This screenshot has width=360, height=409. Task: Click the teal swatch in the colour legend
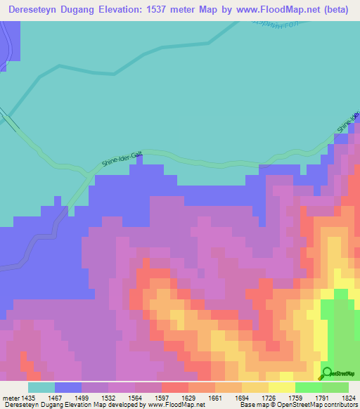pyautogui.click(x=41, y=387)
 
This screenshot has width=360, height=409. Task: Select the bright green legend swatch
pyautogui.click(x=308, y=387)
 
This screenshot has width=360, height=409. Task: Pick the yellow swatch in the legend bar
pyautogui.click(x=281, y=387)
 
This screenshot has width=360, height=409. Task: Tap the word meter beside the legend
pyautogui.click(x=11, y=397)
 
